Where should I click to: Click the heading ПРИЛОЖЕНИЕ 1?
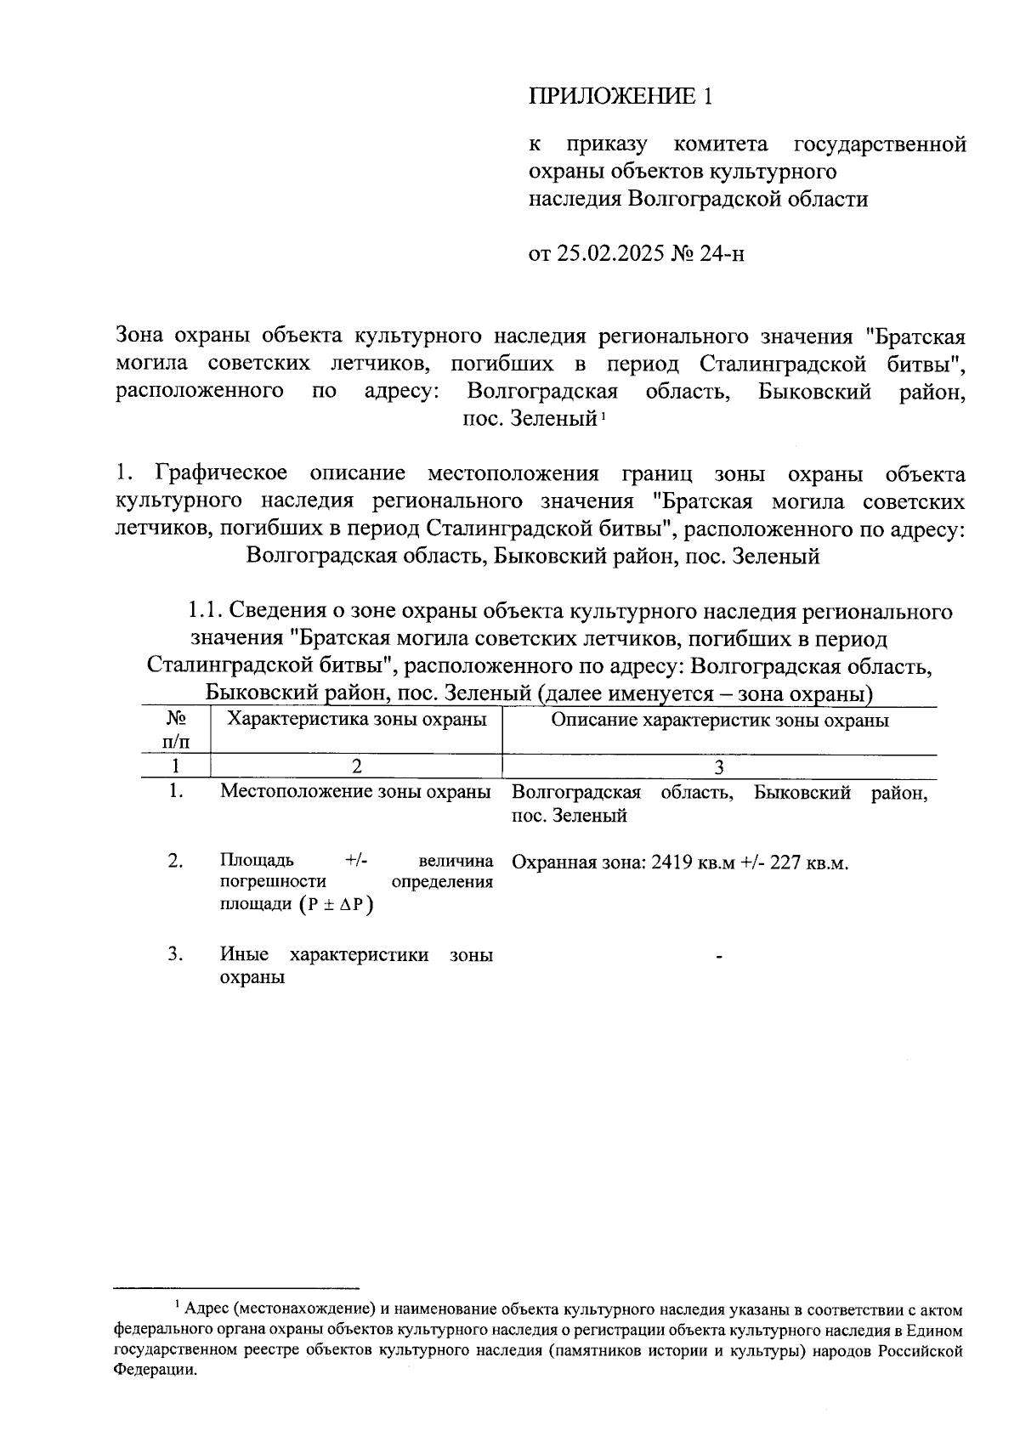click(620, 96)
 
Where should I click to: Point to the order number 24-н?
click(722, 253)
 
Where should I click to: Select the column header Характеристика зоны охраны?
click(357, 721)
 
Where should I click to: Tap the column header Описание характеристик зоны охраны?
click(720, 721)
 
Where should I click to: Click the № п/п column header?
click(176, 731)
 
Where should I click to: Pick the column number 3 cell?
click(719, 766)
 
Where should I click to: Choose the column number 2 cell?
click(357, 766)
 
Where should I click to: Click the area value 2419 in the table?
click(669, 862)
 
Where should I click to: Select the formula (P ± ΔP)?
click(337, 905)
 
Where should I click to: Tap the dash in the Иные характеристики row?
click(719, 958)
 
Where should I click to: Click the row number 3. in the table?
click(176, 954)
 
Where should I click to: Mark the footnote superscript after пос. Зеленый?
click(603, 415)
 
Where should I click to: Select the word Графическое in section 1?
click(221, 473)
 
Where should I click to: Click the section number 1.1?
click(204, 612)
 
